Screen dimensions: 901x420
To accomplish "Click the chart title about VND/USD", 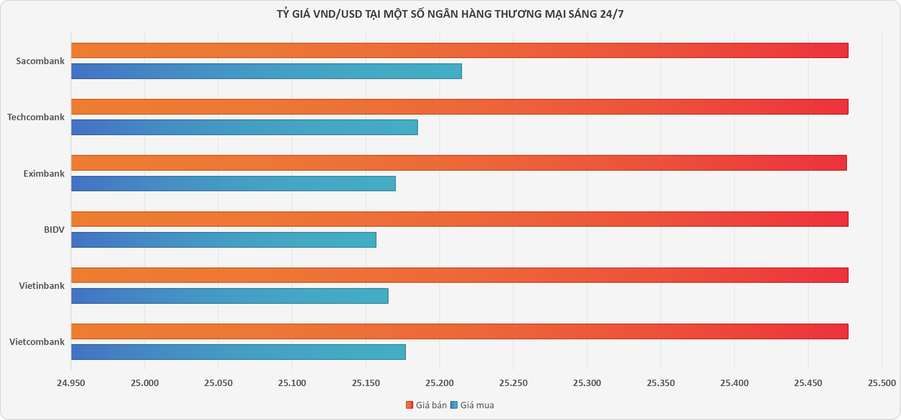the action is [x=450, y=14].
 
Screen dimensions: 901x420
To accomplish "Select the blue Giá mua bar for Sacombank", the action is [x=267, y=71].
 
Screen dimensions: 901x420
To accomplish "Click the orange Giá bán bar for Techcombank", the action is [x=460, y=107].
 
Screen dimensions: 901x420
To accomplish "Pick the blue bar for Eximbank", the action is [x=234, y=184].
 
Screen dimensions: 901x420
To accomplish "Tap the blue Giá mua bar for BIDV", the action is [x=224, y=240].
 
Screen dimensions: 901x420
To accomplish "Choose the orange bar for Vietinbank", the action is [x=460, y=275].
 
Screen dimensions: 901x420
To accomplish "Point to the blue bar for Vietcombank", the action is [x=238, y=352].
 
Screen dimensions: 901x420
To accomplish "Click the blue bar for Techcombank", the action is [x=245, y=127].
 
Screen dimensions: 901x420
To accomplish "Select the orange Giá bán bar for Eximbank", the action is [x=459, y=163].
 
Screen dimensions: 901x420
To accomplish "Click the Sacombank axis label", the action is [x=40, y=61].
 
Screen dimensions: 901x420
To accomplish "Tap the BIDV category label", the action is [x=54, y=230].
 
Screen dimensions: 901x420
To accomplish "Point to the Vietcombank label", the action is [x=37, y=342].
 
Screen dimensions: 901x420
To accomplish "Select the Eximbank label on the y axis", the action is [x=44, y=173].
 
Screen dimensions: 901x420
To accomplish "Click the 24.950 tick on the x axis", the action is [x=71, y=383].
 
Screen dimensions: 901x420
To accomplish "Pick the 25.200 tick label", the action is [x=439, y=383].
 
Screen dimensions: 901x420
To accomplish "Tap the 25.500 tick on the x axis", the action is [x=882, y=383].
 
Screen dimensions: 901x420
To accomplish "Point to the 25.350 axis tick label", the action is [x=661, y=383].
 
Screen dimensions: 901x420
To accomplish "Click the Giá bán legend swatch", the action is [x=410, y=405].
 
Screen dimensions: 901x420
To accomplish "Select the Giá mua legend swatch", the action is [x=454, y=405].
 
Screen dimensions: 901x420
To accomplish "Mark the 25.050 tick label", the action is [x=218, y=383].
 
